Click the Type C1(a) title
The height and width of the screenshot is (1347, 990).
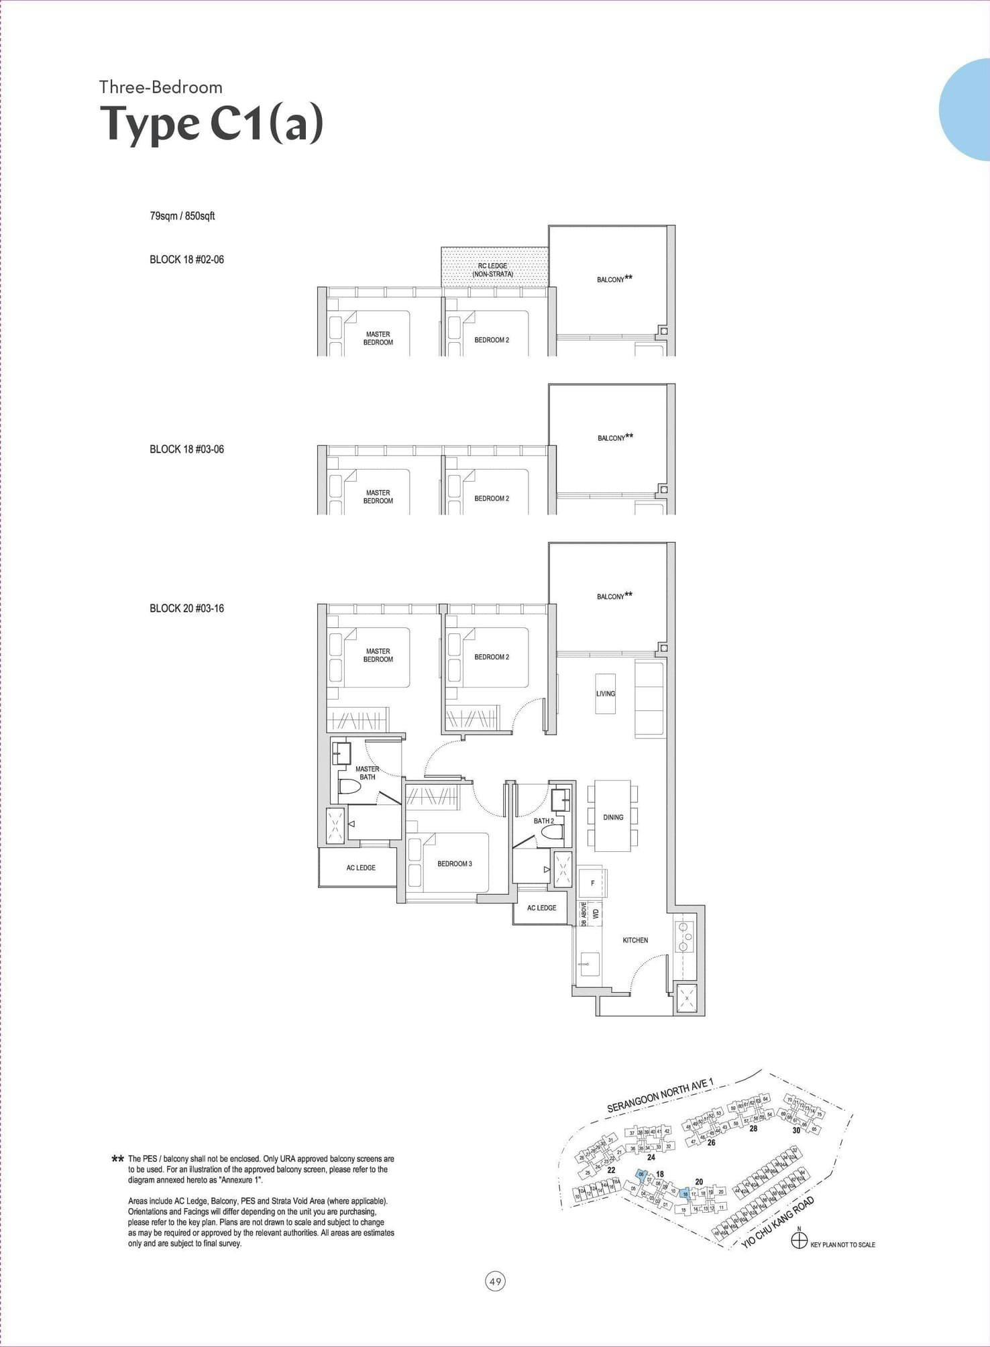pos(211,123)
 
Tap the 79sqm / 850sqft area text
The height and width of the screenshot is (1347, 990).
pos(182,216)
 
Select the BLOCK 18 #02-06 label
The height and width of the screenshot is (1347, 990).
pos(186,260)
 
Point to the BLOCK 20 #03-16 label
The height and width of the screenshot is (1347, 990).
pos(186,608)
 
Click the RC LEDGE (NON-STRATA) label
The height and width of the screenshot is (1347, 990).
pos(493,270)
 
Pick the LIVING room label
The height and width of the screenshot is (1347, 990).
pos(605,694)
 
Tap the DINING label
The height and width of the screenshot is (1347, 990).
pos(613,817)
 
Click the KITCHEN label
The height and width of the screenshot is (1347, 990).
pos(635,940)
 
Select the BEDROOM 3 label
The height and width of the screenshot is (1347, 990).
pos(455,863)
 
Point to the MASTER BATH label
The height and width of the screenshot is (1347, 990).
pos(368,773)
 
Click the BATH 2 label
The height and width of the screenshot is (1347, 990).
pos(543,820)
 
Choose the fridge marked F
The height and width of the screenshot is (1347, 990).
pos(592,883)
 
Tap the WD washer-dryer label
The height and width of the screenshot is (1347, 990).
pos(596,913)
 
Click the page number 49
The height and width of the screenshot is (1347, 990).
pos(495,1281)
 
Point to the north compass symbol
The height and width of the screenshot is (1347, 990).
pos(799,1241)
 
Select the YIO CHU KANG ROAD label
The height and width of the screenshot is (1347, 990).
pos(778,1222)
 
